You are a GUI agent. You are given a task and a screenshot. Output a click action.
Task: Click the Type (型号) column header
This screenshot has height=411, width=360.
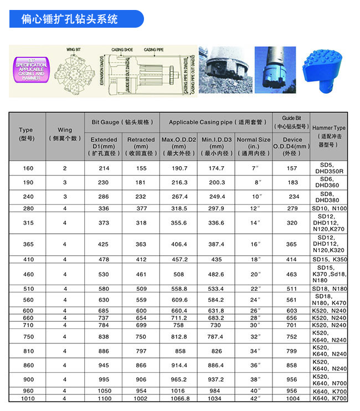[x=26, y=135]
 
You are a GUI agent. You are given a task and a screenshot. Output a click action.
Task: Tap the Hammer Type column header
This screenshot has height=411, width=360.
[x=329, y=136]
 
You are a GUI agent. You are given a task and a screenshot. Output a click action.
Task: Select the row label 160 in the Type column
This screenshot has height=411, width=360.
[x=26, y=168]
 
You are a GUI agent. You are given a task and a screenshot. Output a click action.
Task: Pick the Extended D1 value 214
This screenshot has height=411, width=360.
[x=104, y=168]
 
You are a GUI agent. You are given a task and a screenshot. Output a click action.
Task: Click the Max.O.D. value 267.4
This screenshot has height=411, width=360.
[x=179, y=196]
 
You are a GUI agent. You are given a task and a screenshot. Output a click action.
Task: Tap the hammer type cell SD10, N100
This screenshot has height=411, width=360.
[x=329, y=208]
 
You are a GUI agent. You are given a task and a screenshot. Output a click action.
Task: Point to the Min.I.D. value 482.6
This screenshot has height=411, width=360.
[x=216, y=274]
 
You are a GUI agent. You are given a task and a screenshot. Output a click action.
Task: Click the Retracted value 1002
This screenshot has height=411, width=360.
[x=141, y=398]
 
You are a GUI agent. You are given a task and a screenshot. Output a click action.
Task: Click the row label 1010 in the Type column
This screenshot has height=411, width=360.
[x=26, y=398]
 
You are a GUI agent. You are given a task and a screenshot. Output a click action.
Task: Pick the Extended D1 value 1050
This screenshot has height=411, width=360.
[x=104, y=391]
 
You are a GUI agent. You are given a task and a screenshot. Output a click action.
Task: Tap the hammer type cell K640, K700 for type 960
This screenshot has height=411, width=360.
[x=329, y=391]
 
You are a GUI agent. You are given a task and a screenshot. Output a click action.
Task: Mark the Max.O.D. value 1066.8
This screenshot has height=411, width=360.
[x=179, y=398]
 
